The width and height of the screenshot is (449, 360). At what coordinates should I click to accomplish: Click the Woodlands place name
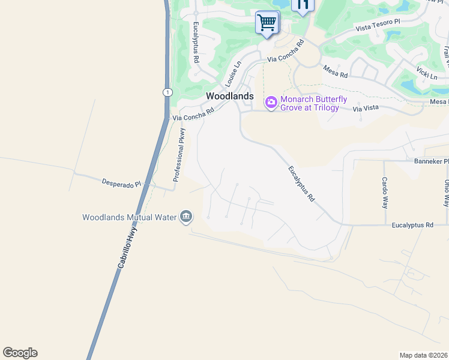click(x=229, y=96)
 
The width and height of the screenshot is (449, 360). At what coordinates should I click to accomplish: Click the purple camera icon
click(x=271, y=103)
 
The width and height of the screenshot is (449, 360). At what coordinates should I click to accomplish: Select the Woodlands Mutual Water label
click(x=130, y=217)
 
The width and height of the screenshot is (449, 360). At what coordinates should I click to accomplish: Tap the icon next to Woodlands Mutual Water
click(x=186, y=217)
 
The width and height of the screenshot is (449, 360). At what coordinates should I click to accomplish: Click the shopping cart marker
click(x=267, y=23)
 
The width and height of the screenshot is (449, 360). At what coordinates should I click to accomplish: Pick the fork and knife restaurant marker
click(x=303, y=5)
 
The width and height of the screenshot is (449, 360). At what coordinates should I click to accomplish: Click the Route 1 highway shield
click(x=166, y=92)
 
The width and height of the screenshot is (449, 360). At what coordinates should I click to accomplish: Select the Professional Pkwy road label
click(x=179, y=155)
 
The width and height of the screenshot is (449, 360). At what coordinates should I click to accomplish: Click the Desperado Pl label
click(x=121, y=182)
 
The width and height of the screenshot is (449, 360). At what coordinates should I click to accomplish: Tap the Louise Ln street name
click(x=232, y=73)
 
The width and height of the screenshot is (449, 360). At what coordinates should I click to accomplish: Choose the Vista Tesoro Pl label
click(x=378, y=25)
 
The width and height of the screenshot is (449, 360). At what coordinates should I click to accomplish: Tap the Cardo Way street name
click(x=385, y=192)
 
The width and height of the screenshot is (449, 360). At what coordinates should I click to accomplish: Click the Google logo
click(x=20, y=353)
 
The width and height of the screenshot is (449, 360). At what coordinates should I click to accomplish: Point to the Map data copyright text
click(x=423, y=355)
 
